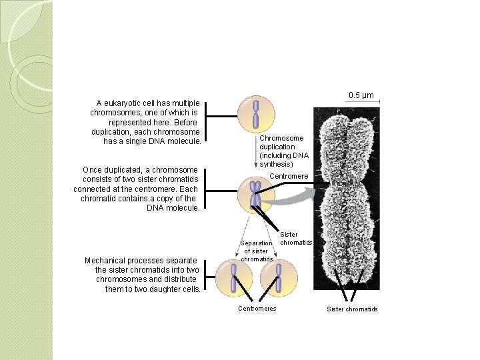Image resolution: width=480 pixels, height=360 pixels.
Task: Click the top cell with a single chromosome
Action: pyautogui.click(x=255, y=113)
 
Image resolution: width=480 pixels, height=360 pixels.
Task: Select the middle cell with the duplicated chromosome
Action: pyautogui.click(x=255, y=195)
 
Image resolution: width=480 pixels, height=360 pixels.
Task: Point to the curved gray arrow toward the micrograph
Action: pyautogui.click(x=293, y=198)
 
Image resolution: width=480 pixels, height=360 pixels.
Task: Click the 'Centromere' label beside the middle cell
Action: pyautogui.click(x=289, y=176)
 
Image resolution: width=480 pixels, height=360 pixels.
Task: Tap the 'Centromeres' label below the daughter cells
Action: pyautogui.click(x=257, y=308)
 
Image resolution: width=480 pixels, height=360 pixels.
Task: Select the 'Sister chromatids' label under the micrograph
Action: pyautogui.click(x=352, y=309)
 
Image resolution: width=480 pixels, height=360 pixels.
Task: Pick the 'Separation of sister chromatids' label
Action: pyautogui.click(x=256, y=251)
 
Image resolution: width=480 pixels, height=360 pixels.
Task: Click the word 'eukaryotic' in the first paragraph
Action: pyautogui.click(x=125, y=103)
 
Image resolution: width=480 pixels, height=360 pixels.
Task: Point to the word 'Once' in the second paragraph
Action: pyautogui.click(x=93, y=170)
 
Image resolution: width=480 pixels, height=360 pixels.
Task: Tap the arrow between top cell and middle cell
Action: pyautogui.click(x=256, y=153)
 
